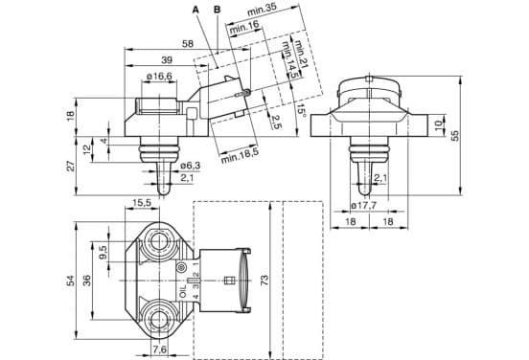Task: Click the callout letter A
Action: [x=195, y=10]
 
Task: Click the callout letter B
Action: [x=218, y=10]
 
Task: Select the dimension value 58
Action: [x=188, y=44]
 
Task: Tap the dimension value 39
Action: [x=167, y=60]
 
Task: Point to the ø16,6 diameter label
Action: [x=159, y=77]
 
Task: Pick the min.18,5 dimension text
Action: [x=240, y=156]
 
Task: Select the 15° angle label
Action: [x=301, y=109]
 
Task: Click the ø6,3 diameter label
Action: [x=191, y=166]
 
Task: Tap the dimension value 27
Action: [x=71, y=166]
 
